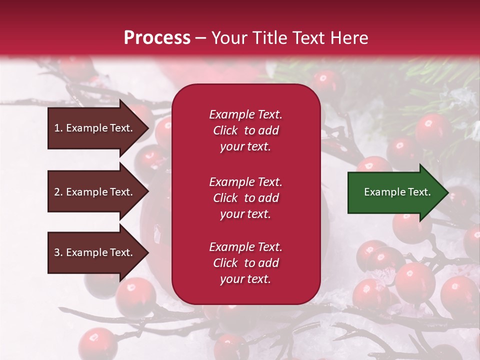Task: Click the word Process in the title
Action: [x=157, y=38]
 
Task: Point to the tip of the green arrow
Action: [x=447, y=192]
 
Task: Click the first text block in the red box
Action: [x=245, y=130]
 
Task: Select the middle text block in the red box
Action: [x=245, y=198]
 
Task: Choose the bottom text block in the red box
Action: [x=245, y=263]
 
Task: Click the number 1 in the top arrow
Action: [x=57, y=128]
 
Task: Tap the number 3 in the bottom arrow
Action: [x=57, y=252]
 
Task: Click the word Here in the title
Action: [x=352, y=38]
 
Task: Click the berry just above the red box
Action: [x=325, y=80]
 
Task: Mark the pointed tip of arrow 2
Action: [x=148, y=192]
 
